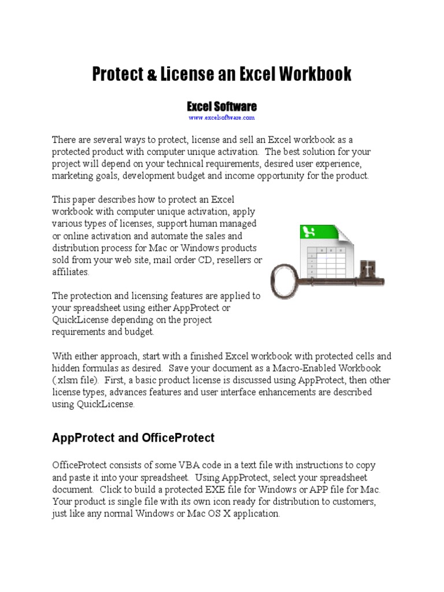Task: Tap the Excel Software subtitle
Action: tap(221, 106)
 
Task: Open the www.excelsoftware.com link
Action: tap(221, 117)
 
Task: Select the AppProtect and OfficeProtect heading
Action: tap(133, 438)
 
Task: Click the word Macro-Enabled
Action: tap(295, 368)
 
